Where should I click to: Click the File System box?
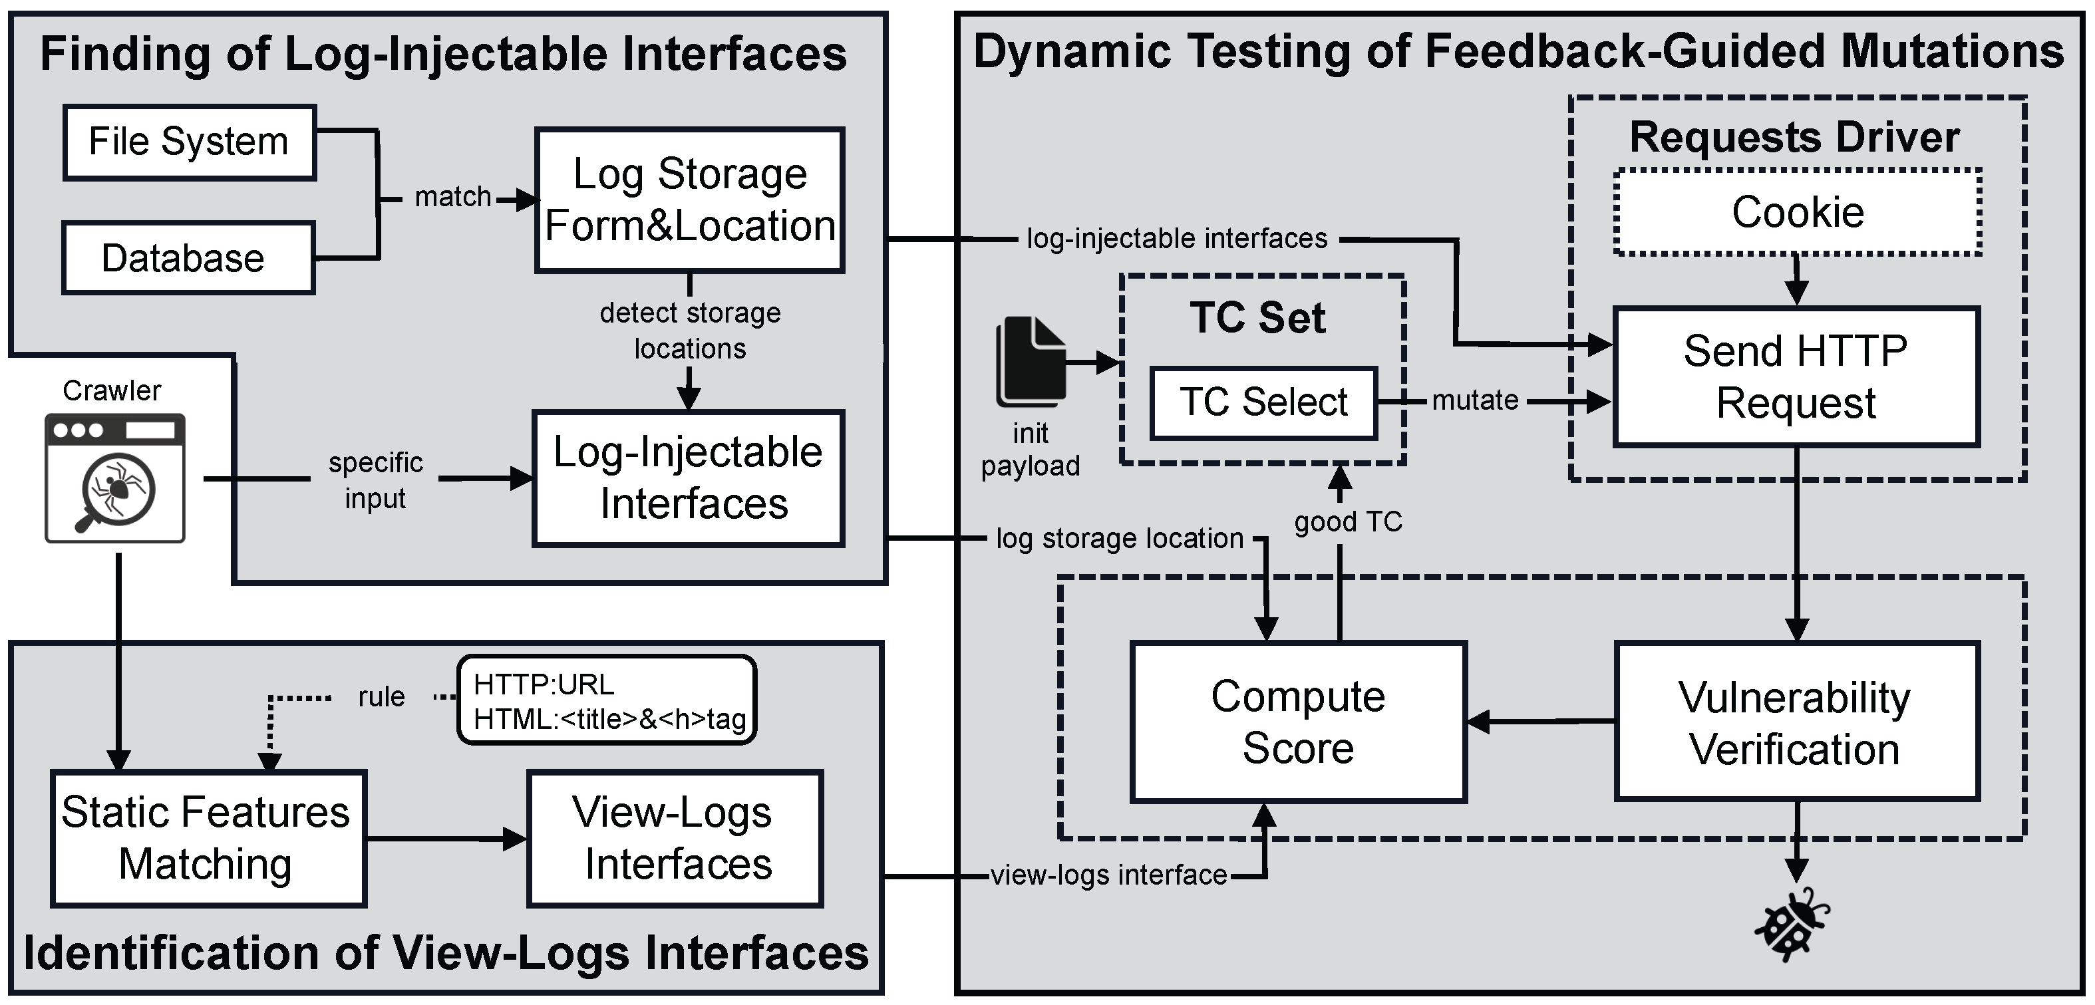[x=189, y=142]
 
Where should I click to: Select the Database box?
[x=188, y=258]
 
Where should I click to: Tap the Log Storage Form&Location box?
[x=690, y=200]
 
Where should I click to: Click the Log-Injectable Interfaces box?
[x=688, y=478]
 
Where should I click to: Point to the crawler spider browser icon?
[x=114, y=478]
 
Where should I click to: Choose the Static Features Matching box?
[x=208, y=837]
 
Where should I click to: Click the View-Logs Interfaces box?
[x=675, y=837]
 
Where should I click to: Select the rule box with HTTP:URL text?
[x=607, y=700]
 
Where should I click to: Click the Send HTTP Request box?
[x=1796, y=376]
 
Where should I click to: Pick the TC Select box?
[x=1263, y=402]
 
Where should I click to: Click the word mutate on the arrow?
[x=1474, y=400]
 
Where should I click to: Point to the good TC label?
[x=1349, y=521]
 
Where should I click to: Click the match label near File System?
[x=452, y=197]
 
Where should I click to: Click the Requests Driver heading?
[x=1794, y=136]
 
